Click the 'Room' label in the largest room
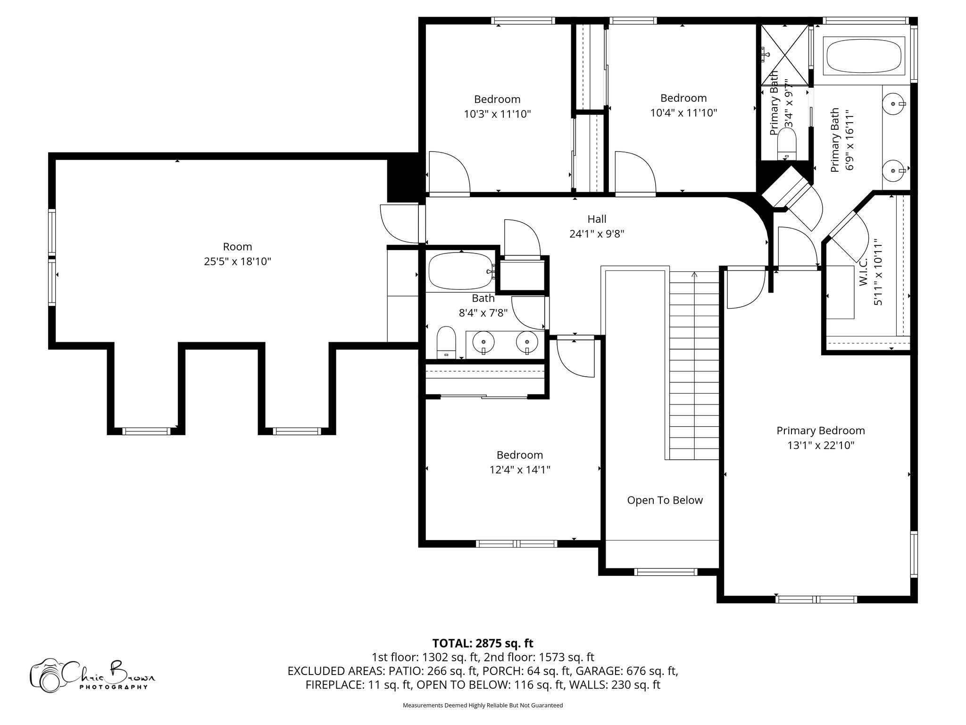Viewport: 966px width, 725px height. point(237,246)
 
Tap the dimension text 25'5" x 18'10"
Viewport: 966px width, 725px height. point(237,261)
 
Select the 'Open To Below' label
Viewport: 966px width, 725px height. point(665,500)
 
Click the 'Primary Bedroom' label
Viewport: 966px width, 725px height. point(821,430)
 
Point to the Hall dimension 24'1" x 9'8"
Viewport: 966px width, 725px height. point(597,234)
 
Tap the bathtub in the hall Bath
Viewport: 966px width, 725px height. point(459,272)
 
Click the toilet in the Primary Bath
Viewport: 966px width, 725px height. point(786,144)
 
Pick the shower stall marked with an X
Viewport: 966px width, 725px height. point(783,55)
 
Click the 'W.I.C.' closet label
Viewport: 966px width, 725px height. point(864,272)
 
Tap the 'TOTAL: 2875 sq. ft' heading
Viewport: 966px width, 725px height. point(483,643)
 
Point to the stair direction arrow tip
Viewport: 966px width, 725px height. point(694,273)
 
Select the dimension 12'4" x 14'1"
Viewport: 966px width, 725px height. point(519,470)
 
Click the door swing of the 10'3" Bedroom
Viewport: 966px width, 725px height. point(448,172)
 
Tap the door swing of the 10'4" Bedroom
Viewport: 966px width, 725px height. point(634,172)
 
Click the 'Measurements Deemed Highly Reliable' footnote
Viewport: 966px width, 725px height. point(483,705)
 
